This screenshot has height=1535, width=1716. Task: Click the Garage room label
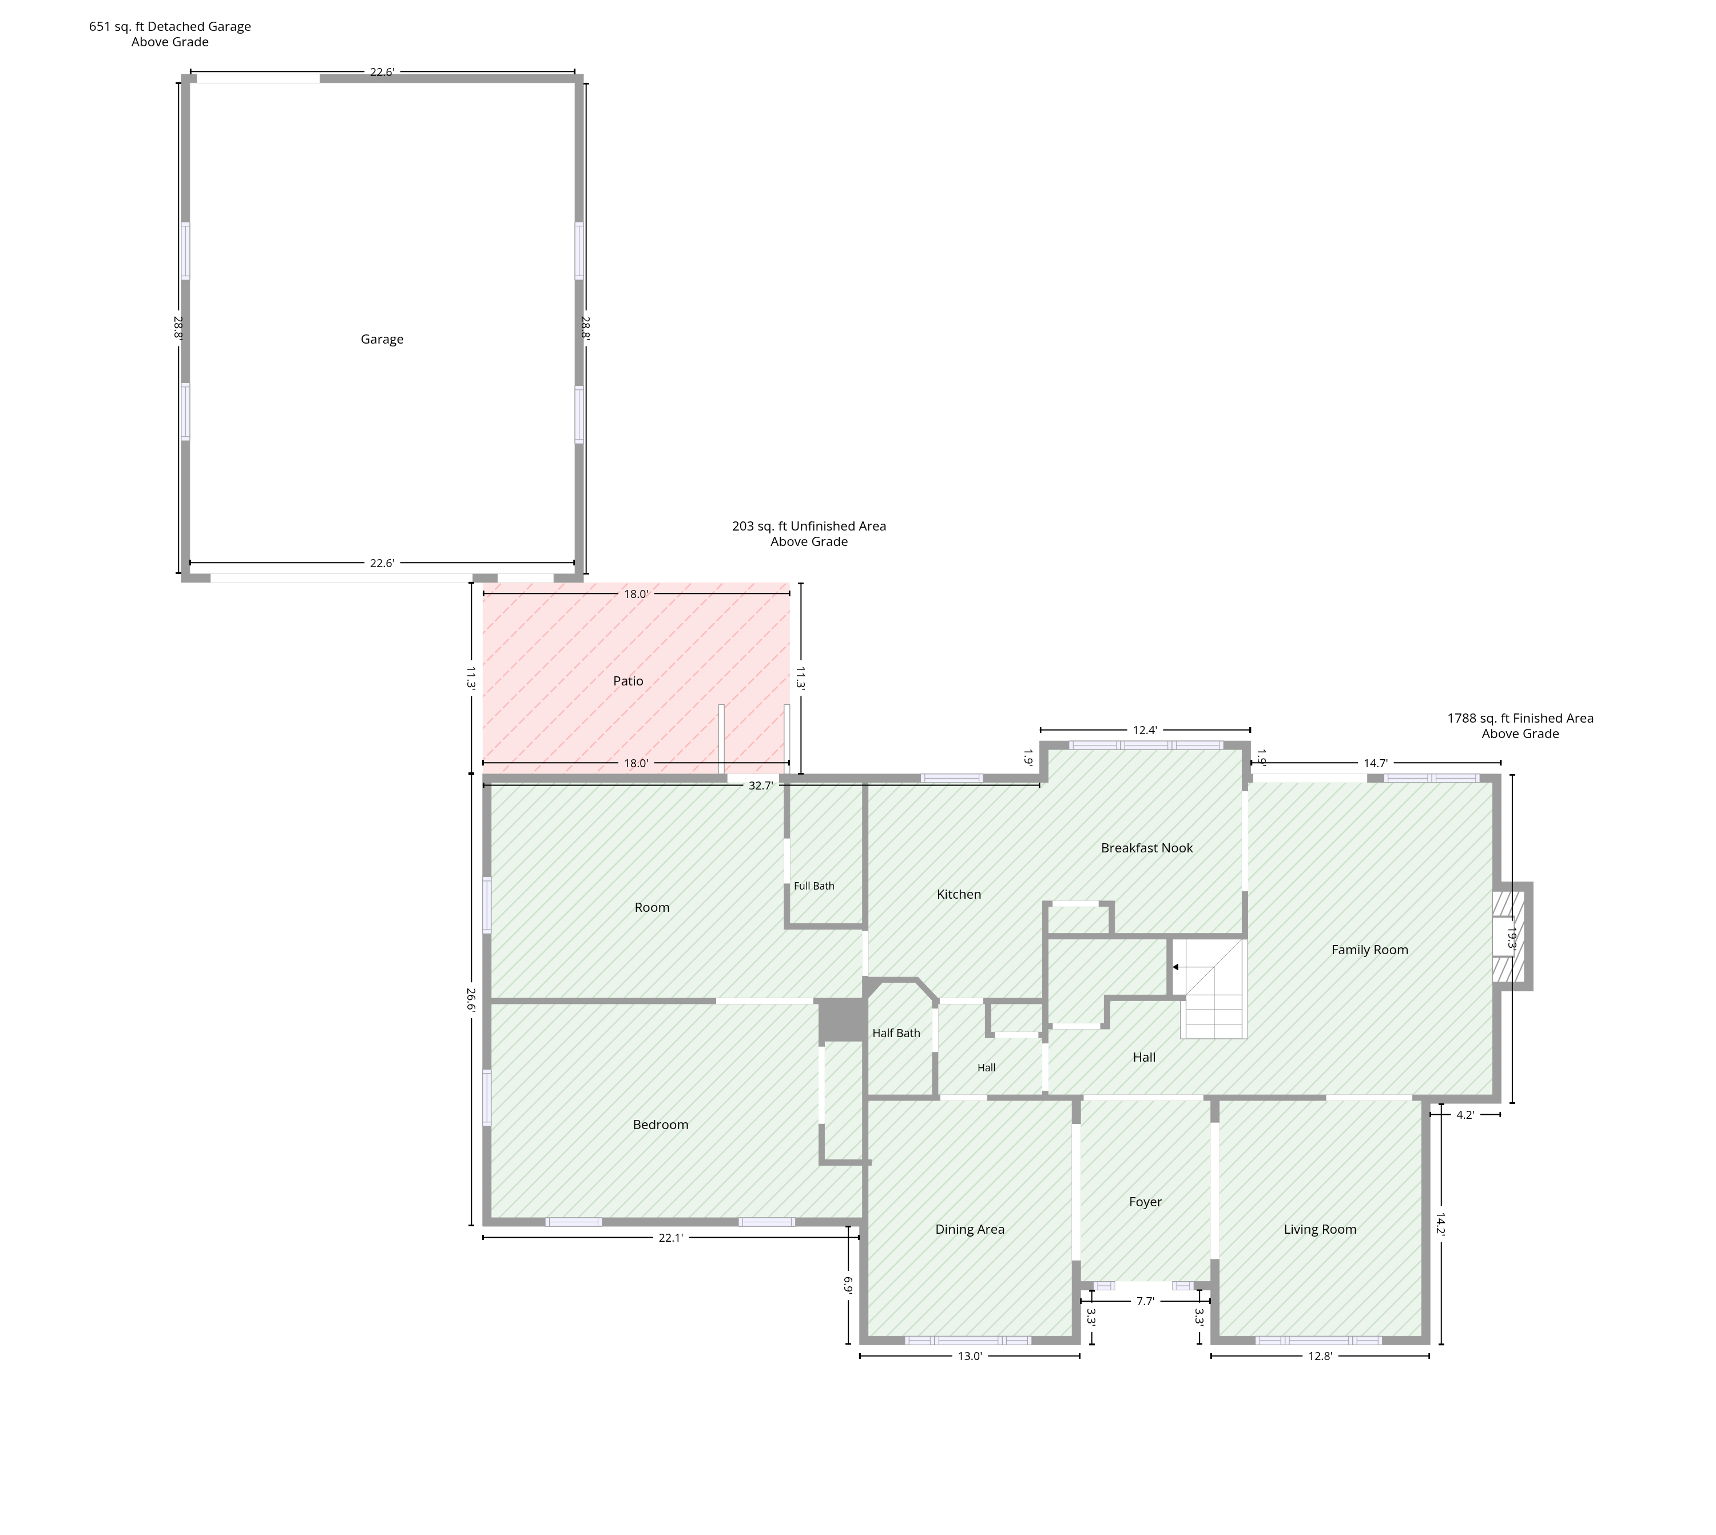click(382, 339)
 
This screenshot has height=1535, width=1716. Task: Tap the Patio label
click(627, 681)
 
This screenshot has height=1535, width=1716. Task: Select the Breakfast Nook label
click(1146, 848)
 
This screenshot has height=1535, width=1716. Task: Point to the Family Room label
click(1369, 950)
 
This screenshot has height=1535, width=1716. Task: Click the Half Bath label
click(896, 1033)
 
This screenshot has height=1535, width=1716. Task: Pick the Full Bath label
click(814, 886)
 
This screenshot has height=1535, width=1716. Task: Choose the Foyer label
click(1145, 1202)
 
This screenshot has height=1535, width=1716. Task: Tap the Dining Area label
click(970, 1229)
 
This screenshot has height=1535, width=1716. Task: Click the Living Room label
click(1320, 1229)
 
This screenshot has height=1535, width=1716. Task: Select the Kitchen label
click(959, 894)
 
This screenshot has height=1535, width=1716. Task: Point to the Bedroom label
click(661, 1125)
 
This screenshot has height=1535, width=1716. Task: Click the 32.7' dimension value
click(760, 785)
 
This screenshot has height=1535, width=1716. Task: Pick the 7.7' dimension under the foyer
click(1145, 1301)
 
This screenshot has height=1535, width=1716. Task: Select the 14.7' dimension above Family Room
click(1375, 763)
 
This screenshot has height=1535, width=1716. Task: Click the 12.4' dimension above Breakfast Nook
click(1145, 731)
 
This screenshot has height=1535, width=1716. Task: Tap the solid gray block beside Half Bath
click(841, 1020)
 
